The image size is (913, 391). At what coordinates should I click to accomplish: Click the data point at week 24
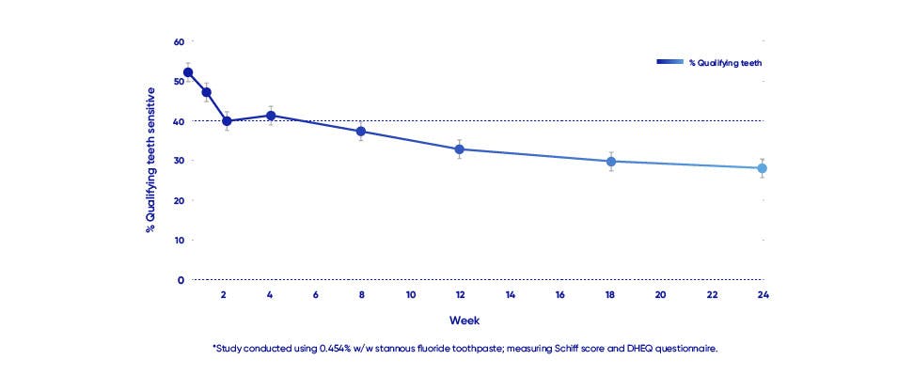click(x=763, y=168)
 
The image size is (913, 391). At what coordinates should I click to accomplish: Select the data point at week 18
click(x=611, y=162)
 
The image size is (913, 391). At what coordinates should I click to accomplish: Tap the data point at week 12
click(x=459, y=149)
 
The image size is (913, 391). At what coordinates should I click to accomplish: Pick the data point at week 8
click(x=360, y=132)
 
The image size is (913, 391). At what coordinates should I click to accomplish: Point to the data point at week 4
click(x=271, y=116)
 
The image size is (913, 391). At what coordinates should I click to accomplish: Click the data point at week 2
click(x=227, y=121)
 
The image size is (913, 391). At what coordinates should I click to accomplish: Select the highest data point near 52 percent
click(x=188, y=72)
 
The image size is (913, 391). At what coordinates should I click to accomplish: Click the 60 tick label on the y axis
click(x=179, y=41)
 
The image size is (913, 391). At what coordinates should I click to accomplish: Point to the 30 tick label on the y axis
click(x=179, y=161)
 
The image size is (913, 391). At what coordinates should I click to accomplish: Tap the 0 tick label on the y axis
click(x=181, y=280)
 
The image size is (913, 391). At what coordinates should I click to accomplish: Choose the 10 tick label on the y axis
click(x=179, y=240)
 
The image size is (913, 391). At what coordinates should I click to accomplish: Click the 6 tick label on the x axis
click(x=315, y=295)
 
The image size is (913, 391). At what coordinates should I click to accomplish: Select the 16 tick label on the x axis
click(x=560, y=295)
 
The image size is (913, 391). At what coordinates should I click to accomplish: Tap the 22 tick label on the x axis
click(x=712, y=295)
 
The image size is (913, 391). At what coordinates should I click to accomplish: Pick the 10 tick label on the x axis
click(x=411, y=295)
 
